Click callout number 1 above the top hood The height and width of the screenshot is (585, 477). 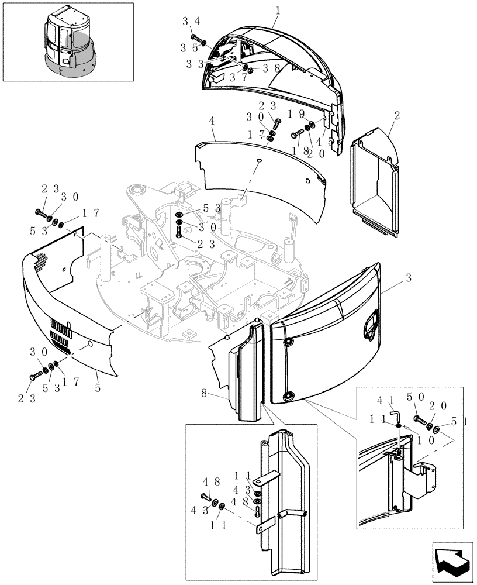coord(278,11)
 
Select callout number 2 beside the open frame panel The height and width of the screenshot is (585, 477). coord(397,116)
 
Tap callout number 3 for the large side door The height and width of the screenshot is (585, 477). coord(409,278)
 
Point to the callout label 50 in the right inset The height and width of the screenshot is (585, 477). coord(424,398)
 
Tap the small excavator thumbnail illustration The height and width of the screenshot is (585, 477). coord(68,42)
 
